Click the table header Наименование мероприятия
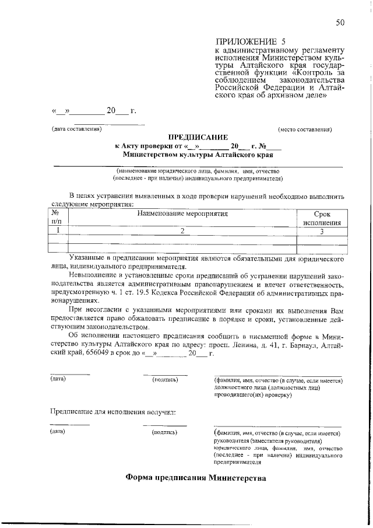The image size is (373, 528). click(x=182, y=214)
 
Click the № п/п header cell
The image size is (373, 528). click(x=57, y=218)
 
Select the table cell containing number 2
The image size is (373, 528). click(x=182, y=231)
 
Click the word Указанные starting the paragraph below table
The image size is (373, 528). click(x=87, y=256)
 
